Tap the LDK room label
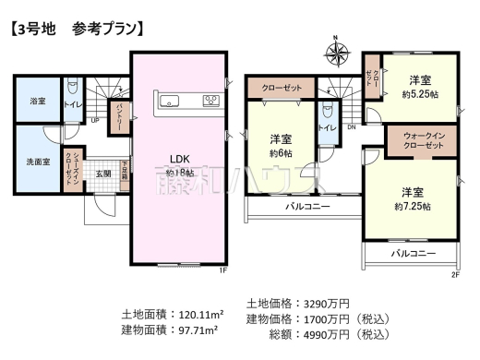click(178, 156)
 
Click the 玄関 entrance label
click(102, 173)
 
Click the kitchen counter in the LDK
click(187, 99)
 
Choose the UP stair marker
click(95, 120)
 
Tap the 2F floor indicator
click(454, 274)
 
